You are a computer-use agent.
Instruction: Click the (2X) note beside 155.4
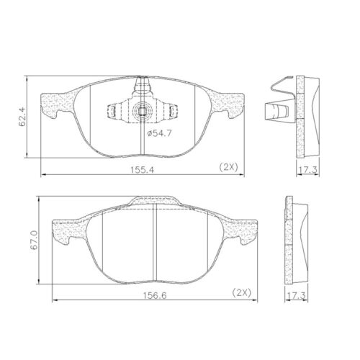229,167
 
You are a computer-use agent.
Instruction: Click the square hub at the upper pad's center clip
143,112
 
